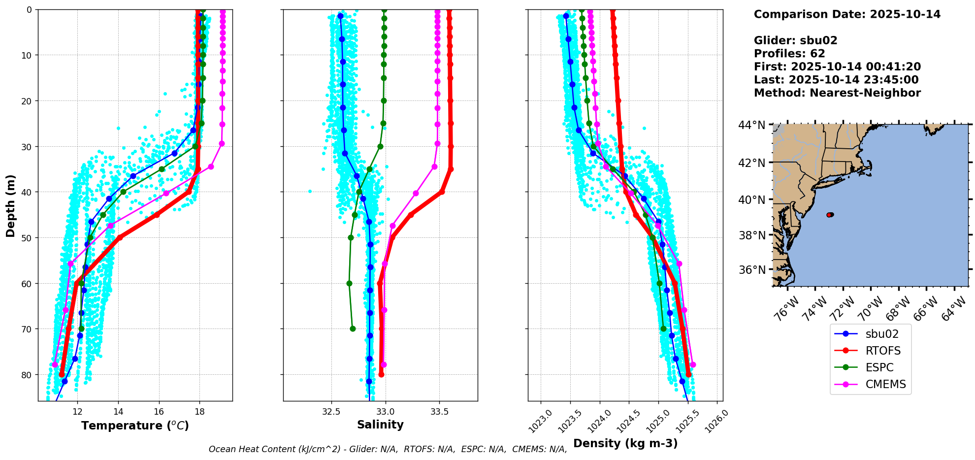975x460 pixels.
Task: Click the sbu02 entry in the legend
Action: click(881, 334)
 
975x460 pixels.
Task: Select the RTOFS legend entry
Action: click(882, 351)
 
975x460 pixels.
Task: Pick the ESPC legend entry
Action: click(879, 367)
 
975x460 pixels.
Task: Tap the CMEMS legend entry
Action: click(885, 384)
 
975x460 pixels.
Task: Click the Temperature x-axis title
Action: click(135, 426)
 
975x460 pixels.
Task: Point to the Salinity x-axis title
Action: click(380, 425)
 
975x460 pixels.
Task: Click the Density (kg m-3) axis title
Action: click(625, 443)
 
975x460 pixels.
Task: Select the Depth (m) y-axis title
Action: click(10, 205)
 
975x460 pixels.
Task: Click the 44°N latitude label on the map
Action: click(751, 126)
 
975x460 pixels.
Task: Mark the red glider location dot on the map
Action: click(830, 215)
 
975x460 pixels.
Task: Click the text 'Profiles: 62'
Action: click(789, 54)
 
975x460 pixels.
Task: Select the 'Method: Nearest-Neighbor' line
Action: click(837, 93)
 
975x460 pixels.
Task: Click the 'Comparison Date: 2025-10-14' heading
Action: click(847, 14)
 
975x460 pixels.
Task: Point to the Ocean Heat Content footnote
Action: click(388, 449)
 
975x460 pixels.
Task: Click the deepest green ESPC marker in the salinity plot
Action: click(353, 329)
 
